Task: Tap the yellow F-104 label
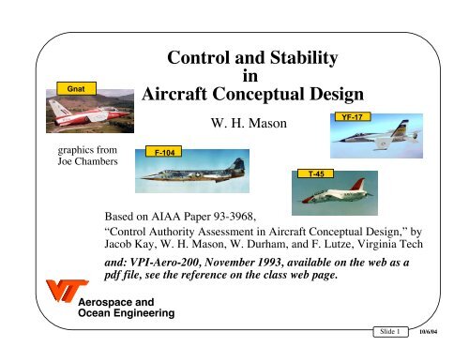click(x=162, y=151)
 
